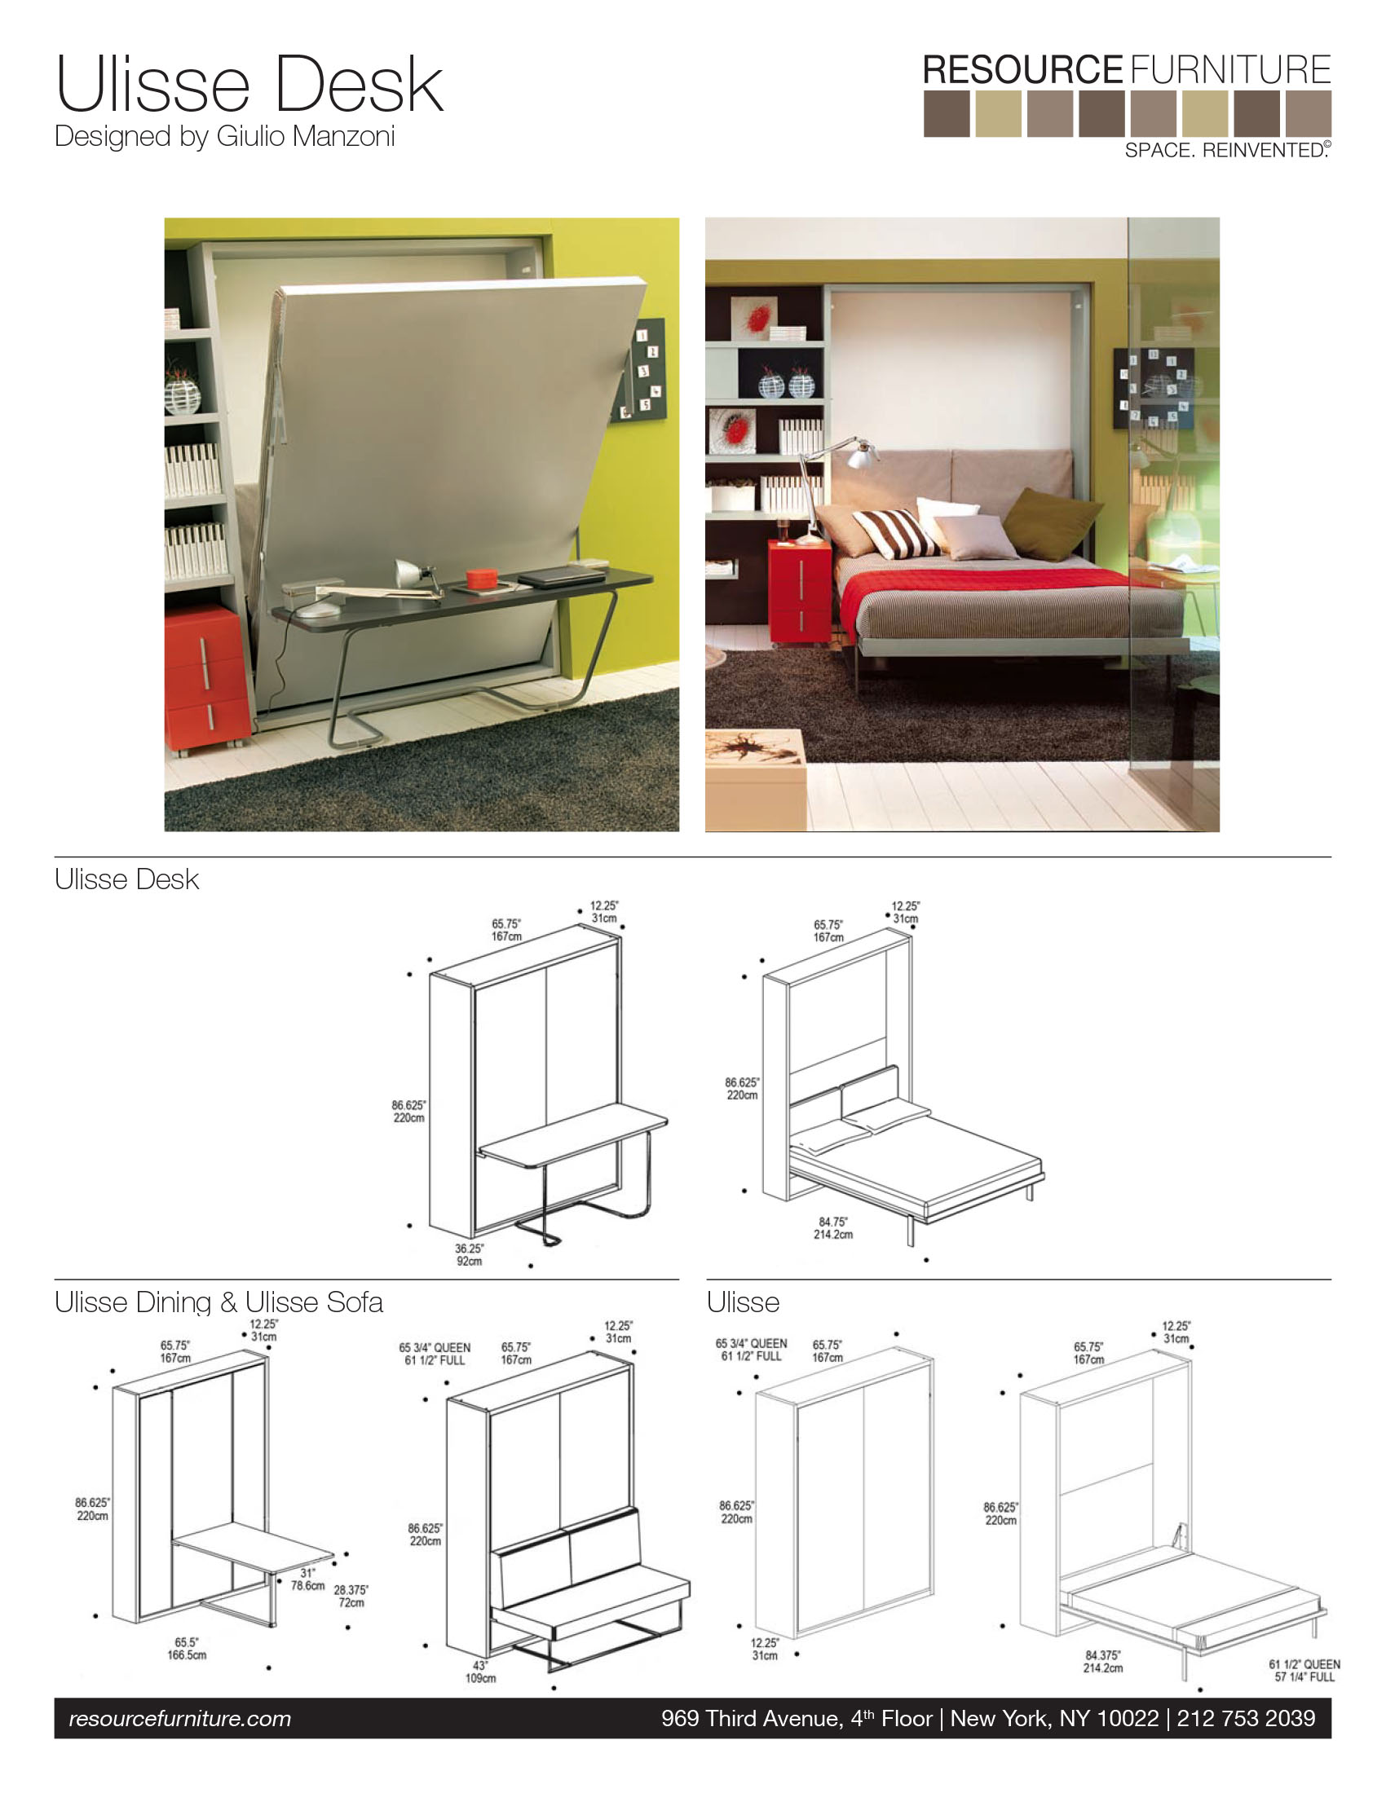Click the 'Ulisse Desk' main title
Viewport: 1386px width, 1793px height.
click(249, 84)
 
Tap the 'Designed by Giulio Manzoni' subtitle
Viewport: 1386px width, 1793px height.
click(224, 136)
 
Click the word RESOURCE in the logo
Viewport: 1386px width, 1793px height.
click(1022, 70)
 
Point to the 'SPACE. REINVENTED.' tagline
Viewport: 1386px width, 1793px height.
click(1228, 150)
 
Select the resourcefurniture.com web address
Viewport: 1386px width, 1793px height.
click(180, 1718)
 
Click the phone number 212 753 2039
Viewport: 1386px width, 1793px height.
click(1246, 1717)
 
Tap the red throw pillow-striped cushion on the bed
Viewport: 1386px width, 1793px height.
click(897, 534)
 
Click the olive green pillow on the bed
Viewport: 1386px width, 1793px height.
click(1052, 522)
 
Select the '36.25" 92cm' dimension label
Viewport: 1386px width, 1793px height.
click(470, 1254)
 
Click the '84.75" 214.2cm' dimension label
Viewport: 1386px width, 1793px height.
click(832, 1228)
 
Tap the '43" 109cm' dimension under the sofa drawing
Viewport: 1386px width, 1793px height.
click(480, 1672)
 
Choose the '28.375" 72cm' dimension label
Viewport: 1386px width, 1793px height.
click(351, 1596)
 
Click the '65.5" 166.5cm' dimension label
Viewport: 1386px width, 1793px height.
click(187, 1649)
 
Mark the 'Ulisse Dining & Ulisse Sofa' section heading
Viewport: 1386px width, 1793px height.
click(218, 1302)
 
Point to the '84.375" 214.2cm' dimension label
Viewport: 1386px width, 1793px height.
click(1103, 1662)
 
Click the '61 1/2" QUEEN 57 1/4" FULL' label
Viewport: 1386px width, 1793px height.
click(1304, 1671)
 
